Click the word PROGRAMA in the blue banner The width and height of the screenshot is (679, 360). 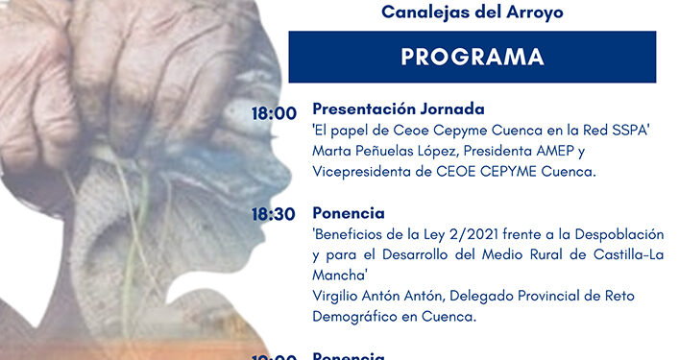pos(472,57)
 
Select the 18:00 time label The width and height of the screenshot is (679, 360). pos(274,113)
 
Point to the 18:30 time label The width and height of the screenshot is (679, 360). pos(274,214)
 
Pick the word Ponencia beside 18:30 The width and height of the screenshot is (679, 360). pos(349,212)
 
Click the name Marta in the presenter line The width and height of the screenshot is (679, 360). pos(332,151)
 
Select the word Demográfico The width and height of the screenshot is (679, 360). pos(356,315)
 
